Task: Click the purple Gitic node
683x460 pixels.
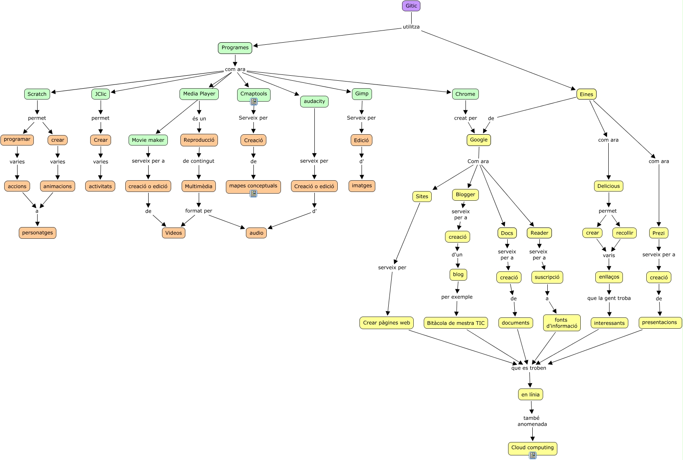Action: coord(411,6)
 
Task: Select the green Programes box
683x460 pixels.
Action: coord(235,48)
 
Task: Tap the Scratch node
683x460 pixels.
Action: coord(37,94)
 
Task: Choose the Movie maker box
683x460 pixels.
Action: coord(148,140)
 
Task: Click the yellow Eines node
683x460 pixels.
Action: coord(586,94)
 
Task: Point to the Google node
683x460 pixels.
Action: coord(478,140)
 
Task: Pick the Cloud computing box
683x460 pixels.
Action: coord(532,447)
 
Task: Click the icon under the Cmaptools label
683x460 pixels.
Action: coord(253,102)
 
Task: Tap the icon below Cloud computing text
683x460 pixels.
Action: coord(532,455)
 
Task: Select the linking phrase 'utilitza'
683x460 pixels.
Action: coord(411,27)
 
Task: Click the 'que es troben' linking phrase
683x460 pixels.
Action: coord(529,368)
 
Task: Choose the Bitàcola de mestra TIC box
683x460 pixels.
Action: coord(455,323)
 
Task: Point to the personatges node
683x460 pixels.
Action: coord(37,233)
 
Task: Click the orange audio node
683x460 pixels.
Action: coord(256,233)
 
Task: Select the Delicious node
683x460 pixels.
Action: coord(608,186)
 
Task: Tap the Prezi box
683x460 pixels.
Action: coord(659,233)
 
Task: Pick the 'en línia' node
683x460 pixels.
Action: coord(530,394)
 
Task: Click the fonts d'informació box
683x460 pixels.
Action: coord(562,323)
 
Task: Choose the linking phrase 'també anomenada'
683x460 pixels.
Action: coord(532,421)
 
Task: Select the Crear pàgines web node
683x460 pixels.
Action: coord(386,323)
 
